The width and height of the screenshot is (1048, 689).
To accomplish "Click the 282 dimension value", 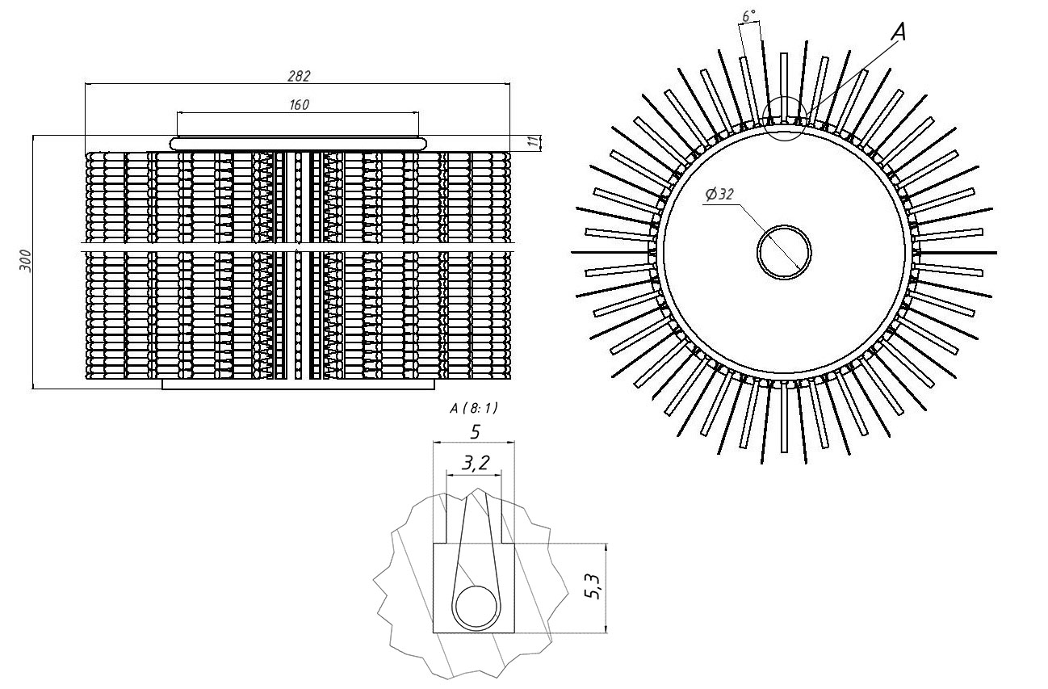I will pos(299,76).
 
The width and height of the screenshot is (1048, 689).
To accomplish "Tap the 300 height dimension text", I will pos(26,262).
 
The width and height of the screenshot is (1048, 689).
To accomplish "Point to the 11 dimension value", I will pos(532,142).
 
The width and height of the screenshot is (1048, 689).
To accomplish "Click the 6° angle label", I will pos(748,16).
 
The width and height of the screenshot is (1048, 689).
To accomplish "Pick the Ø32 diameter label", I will pos(719,195).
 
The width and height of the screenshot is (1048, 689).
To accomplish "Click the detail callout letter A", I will pos(899,32).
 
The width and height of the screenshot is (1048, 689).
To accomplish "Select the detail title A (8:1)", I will pos(474,409).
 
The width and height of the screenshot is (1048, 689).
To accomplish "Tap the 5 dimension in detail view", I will pos(475,432).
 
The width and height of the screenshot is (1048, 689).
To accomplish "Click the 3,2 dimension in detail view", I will pos(474,464).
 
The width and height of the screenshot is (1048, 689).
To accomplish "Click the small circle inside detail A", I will pos(476,608).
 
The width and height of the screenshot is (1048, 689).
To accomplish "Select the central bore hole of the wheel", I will pos(784,252).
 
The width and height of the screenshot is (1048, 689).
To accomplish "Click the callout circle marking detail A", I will pos(784,119).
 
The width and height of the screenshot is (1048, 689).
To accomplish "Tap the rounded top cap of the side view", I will pos(298,143).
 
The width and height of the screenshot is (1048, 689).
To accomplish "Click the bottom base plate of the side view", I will pos(298,384).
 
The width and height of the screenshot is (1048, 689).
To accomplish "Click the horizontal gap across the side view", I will pos(298,242).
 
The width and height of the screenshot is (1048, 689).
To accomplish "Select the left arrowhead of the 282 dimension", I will pos(88,83).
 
